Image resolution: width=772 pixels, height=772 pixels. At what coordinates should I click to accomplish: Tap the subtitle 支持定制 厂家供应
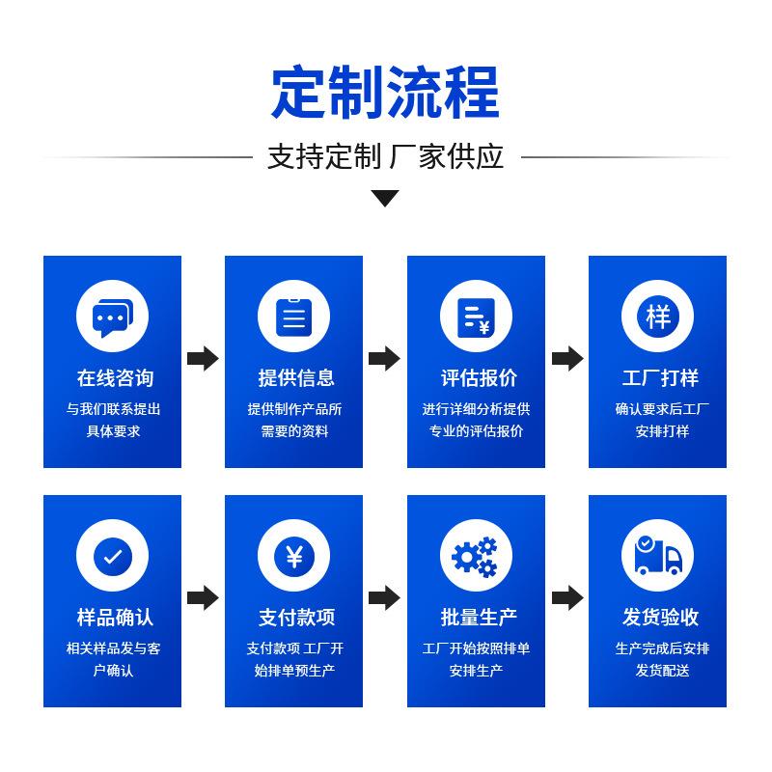[385, 156]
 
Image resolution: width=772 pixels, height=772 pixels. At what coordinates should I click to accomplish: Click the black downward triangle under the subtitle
[385, 199]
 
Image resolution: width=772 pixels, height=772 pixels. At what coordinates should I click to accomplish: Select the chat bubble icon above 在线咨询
[112, 316]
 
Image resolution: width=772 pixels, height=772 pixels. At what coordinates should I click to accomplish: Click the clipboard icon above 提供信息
[293, 316]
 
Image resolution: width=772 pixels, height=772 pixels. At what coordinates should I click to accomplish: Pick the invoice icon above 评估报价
[476, 316]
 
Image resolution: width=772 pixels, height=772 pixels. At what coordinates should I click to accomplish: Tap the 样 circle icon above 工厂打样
[657, 316]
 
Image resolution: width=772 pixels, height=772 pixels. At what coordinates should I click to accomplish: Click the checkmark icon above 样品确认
[112, 555]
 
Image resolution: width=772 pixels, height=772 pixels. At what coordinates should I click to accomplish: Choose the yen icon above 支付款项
[293, 555]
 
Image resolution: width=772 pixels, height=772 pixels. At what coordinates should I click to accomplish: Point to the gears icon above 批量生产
[476, 555]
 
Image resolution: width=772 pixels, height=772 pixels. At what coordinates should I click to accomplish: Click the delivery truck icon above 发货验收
[657, 555]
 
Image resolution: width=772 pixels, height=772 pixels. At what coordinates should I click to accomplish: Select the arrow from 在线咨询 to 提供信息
[203, 358]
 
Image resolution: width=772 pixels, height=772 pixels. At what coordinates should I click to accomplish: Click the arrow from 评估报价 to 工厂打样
[567, 358]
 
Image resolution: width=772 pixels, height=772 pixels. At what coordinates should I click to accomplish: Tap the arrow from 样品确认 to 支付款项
[203, 597]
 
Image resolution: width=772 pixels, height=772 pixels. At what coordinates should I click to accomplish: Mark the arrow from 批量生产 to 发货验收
[567, 597]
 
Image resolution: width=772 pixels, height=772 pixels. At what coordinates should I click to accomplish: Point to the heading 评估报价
[476, 378]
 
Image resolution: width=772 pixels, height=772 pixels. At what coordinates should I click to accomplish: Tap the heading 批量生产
[476, 618]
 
